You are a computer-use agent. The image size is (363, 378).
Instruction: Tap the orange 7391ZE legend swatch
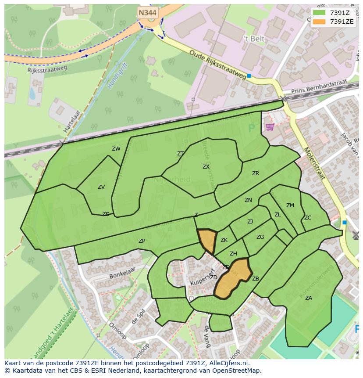(x=319, y=22)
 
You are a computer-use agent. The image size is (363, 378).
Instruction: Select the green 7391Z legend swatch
(x=319, y=13)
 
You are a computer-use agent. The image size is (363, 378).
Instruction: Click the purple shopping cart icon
(x=270, y=127)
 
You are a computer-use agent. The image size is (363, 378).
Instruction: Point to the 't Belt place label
(x=255, y=39)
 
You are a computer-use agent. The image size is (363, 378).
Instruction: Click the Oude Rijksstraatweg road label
(x=218, y=65)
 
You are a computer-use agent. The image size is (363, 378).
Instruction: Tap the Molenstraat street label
(x=313, y=163)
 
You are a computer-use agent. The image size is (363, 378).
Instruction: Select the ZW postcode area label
(x=116, y=149)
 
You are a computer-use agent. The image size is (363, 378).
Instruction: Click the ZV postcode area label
(x=101, y=187)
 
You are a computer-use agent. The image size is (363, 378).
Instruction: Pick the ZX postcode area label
(x=206, y=167)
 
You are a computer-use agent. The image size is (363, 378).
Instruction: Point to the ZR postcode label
(x=256, y=173)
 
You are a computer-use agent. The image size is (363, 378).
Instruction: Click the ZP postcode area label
(x=142, y=241)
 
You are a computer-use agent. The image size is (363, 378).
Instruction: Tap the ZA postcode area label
(x=309, y=298)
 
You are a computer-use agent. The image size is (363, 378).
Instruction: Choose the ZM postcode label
(x=290, y=205)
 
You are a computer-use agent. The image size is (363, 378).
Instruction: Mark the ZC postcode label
(x=308, y=218)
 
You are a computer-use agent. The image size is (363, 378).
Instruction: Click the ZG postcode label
(x=260, y=237)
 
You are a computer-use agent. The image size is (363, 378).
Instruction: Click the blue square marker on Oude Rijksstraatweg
(x=249, y=76)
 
